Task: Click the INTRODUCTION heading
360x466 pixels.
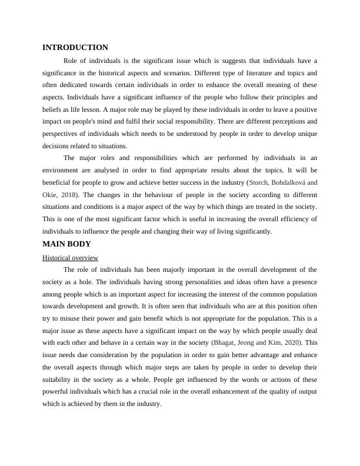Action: [75, 47]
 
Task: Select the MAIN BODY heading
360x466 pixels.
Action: [66, 244]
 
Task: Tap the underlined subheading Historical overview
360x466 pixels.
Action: [70, 258]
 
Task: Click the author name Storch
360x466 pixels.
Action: [262, 182]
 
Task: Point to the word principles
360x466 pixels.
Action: [288, 97]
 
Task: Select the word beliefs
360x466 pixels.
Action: [54, 109]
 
